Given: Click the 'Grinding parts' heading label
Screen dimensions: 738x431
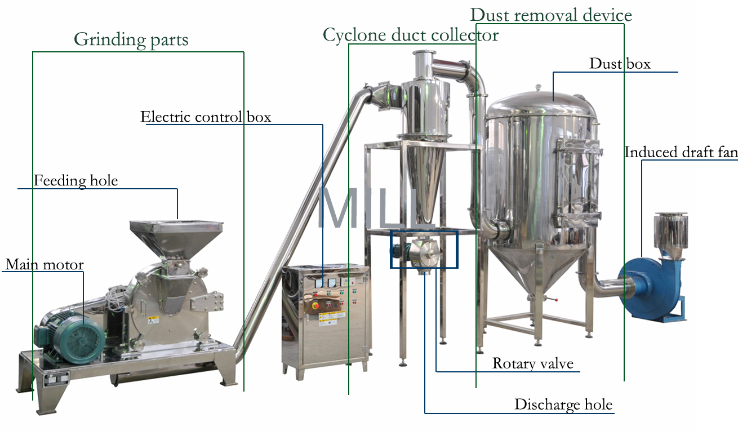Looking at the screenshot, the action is [131, 39].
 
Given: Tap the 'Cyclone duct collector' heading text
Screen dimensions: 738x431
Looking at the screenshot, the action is [410, 35].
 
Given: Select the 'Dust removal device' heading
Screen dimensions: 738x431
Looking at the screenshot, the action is [551, 15].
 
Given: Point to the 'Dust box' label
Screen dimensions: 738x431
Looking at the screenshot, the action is [620, 64].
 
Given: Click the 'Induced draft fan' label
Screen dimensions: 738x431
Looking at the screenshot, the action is [681, 152].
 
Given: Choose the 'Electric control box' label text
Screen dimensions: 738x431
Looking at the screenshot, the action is [206, 117].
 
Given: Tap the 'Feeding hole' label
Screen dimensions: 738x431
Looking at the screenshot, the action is [75, 181].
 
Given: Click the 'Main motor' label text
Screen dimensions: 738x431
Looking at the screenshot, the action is [45, 265].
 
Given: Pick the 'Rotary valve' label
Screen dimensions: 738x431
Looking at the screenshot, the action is [532, 363].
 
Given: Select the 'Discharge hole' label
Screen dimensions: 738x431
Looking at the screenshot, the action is [563, 405].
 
